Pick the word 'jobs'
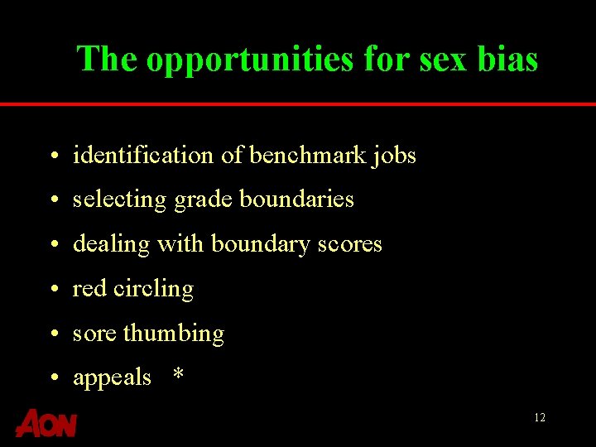click(394, 156)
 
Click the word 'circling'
click(153, 290)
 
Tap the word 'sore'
click(94, 334)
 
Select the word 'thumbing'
click(174, 334)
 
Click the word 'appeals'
click(112, 378)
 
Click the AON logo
click(46, 423)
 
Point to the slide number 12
click(540, 418)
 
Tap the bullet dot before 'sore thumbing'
click(52, 334)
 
